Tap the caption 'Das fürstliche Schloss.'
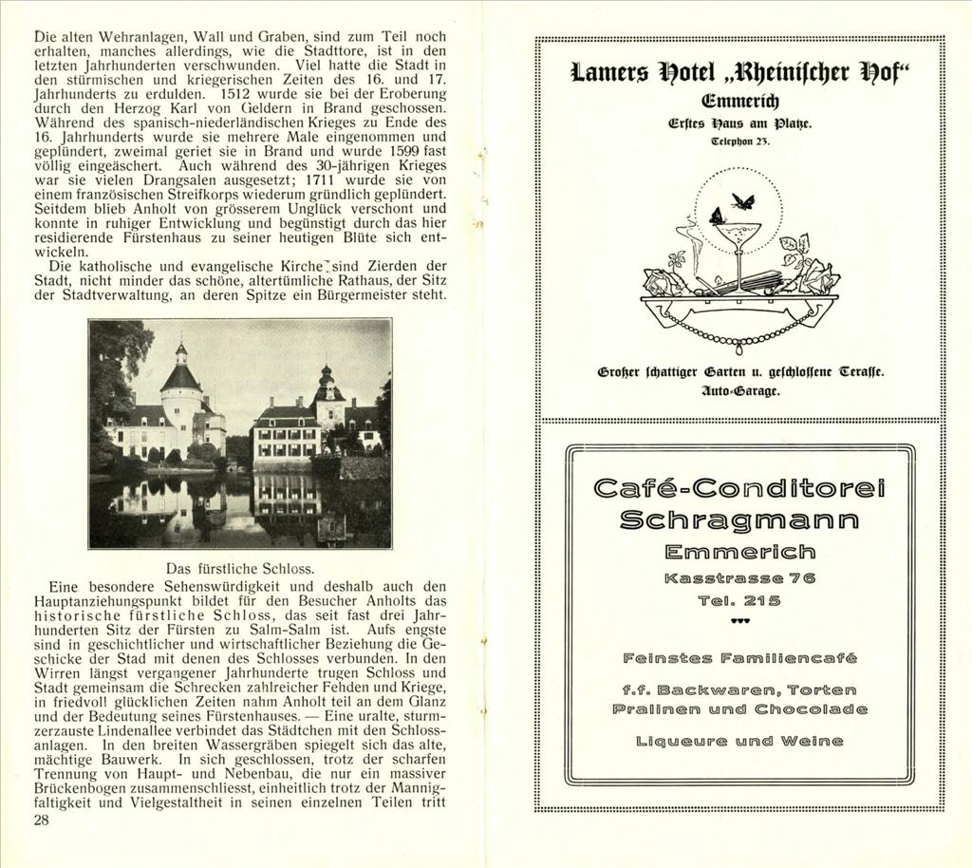(x=239, y=568)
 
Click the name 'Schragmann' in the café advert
(x=740, y=519)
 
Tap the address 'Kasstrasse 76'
(x=740, y=578)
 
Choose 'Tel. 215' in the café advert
(x=740, y=600)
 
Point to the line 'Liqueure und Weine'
(x=740, y=740)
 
